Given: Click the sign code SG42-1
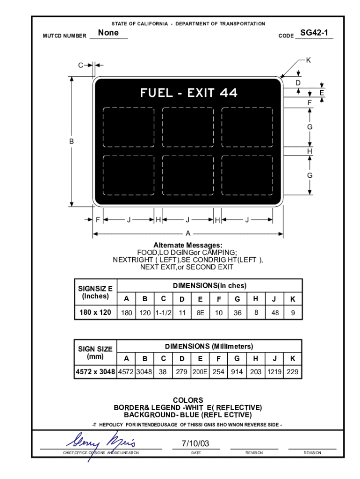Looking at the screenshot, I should pos(314,33).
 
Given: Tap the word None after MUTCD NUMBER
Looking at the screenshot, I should pos(108,33).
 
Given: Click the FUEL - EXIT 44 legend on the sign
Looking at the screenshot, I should pos(188,93).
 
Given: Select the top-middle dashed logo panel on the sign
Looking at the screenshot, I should pos(188,127).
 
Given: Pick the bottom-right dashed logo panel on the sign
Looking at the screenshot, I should pos(247,175).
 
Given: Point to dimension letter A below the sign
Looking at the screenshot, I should pos(188,233).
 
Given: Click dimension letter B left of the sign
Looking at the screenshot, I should pos(72,141).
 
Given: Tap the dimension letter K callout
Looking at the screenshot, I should pos(308,60).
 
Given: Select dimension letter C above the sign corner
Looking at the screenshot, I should pos(81,65).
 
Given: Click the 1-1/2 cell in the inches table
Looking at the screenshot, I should pos(163,313).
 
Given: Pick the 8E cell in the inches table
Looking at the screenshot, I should pos(200,313).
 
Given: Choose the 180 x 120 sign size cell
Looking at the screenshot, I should pos(95,312).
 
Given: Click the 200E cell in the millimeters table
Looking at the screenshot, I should pos(200,372).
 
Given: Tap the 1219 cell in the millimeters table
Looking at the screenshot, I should pos(274,372).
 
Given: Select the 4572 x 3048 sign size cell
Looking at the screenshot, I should pos(95,372).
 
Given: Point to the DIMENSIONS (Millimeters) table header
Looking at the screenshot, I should pos(209,347).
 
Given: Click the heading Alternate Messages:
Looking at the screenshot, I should pos(188,245).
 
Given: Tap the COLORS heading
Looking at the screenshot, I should pos(188,400).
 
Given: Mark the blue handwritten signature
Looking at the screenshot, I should pos(101,443).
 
